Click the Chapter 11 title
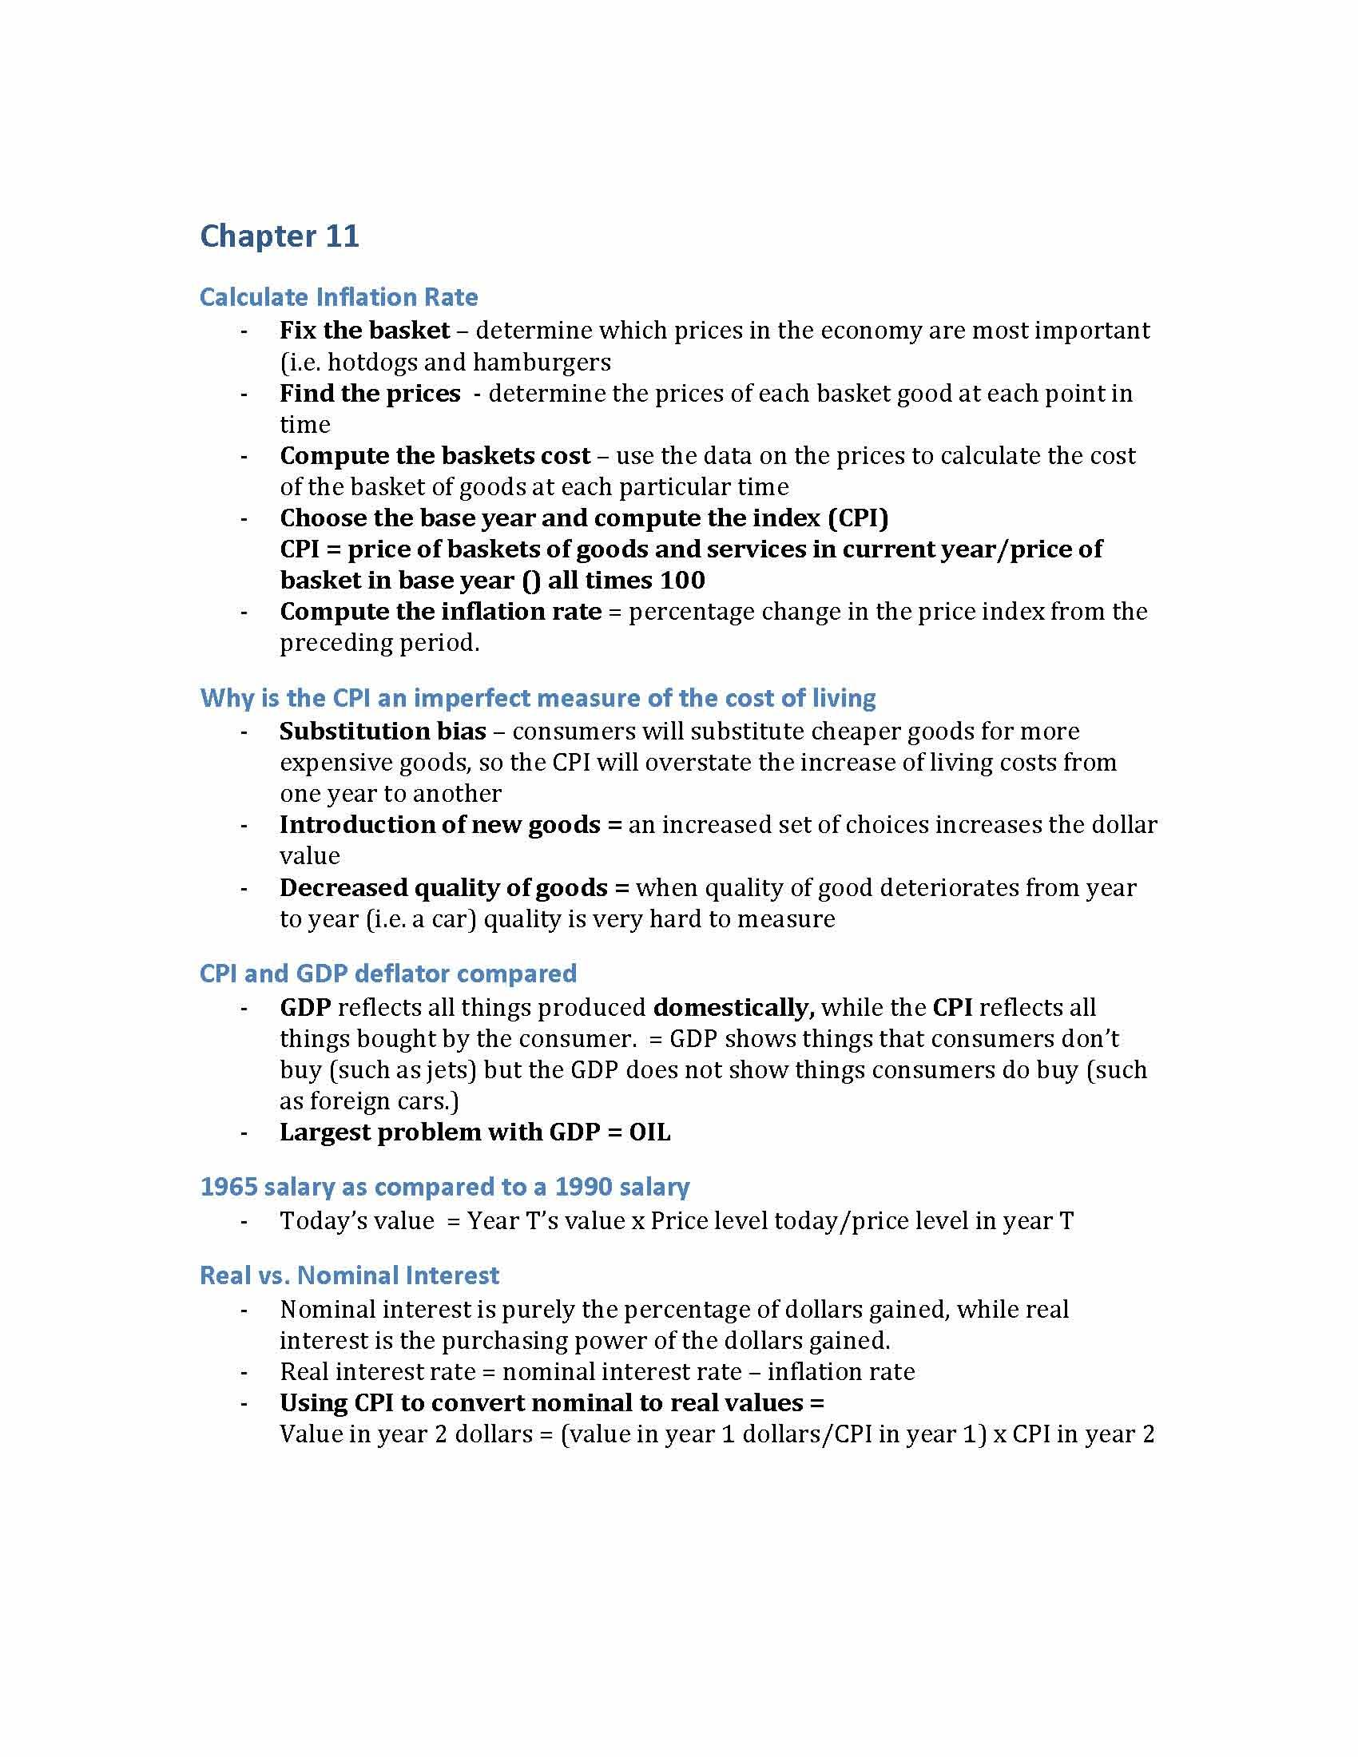point(279,236)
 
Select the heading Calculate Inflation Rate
point(338,297)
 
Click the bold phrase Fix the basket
point(364,330)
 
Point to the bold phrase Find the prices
point(369,394)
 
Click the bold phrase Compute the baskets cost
point(435,455)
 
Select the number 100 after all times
point(681,580)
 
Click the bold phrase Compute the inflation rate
point(440,612)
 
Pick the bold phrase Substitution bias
point(382,731)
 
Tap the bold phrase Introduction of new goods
point(440,825)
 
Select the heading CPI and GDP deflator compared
point(387,974)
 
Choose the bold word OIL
point(649,1132)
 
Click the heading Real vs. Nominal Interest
point(349,1275)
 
